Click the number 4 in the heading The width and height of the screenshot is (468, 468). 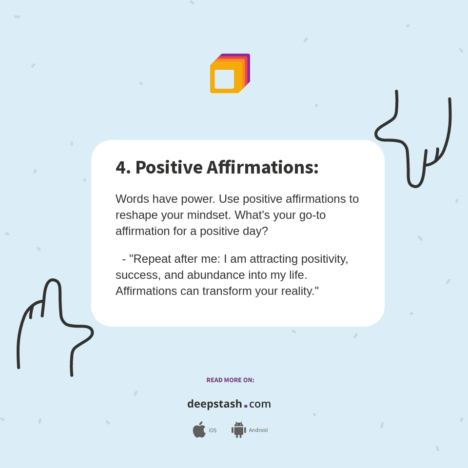point(121,167)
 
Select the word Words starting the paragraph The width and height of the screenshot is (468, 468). point(132,199)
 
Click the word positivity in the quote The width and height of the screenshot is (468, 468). point(324,259)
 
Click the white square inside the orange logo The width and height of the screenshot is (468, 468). point(224,79)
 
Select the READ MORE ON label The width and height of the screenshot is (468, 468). point(230,380)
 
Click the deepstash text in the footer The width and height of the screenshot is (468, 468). point(214,404)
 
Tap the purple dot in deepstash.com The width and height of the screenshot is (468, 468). point(246,406)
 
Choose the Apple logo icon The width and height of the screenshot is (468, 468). point(199,429)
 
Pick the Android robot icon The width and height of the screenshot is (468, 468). point(238,429)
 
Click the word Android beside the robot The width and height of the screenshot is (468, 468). point(258,430)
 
